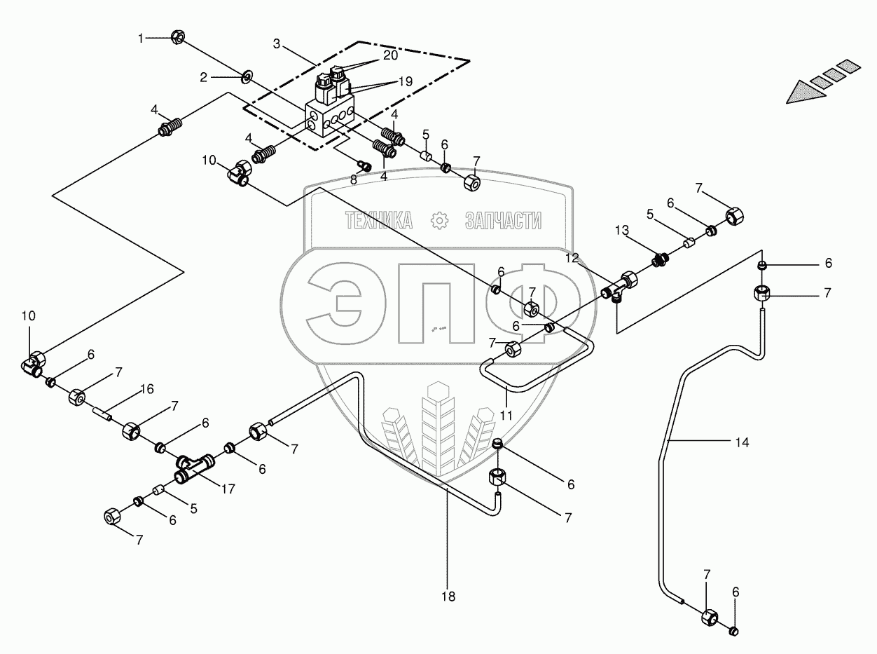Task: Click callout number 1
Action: tap(140, 39)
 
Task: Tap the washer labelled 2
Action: tap(248, 74)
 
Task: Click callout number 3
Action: tap(277, 44)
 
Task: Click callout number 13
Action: tap(623, 231)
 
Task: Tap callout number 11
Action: tap(506, 415)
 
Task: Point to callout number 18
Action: tap(448, 597)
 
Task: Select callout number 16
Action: tap(146, 389)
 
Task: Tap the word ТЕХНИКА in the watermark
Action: tap(378, 222)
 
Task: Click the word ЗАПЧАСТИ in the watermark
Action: tap(503, 222)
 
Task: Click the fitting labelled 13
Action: tap(658, 259)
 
